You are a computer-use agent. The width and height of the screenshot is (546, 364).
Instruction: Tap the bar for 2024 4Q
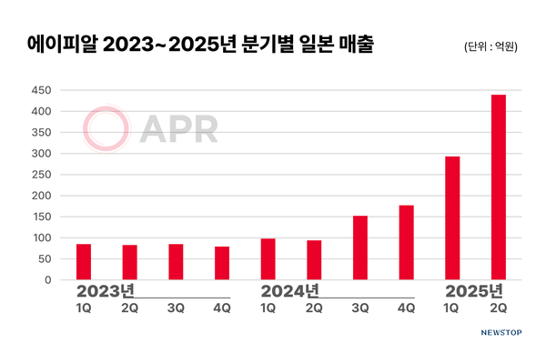pyautogui.click(x=406, y=243)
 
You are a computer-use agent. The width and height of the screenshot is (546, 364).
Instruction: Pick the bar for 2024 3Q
pyautogui.click(x=359, y=248)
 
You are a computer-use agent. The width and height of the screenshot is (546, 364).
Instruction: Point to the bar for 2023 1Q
pyautogui.click(x=84, y=262)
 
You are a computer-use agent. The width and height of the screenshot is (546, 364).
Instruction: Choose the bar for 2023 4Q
pyautogui.click(x=222, y=263)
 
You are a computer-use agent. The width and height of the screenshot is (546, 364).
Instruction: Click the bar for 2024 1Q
pyautogui.click(x=268, y=259)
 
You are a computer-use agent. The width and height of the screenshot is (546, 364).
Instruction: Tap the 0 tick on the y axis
pyautogui.click(x=46, y=280)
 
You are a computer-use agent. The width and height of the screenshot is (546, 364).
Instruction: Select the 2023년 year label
pyautogui.click(x=104, y=292)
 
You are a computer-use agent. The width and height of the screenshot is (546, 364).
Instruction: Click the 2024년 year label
pyautogui.click(x=288, y=292)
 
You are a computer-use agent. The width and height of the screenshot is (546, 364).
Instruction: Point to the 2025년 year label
pyautogui.click(x=473, y=292)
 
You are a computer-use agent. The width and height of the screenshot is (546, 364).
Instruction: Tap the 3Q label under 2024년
pyautogui.click(x=359, y=309)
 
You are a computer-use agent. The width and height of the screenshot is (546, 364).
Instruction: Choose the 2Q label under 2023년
pyautogui.click(x=130, y=309)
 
